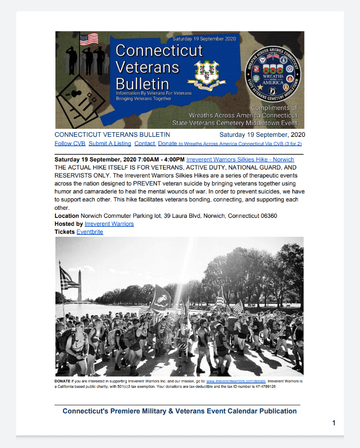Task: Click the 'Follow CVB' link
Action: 70,143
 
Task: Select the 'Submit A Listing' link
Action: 110,143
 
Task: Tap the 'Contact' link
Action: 144,143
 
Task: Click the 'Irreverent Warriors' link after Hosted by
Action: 109,224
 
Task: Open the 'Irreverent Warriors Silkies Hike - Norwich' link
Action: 240,160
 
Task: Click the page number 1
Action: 334,423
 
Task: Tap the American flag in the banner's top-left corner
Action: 89,39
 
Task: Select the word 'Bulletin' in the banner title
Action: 142,83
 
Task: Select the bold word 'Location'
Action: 67,216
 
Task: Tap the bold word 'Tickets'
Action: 65,232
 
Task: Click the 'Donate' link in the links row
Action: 167,143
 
